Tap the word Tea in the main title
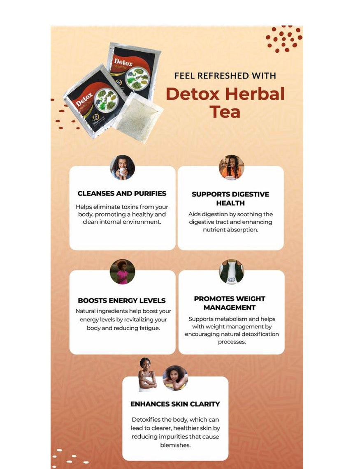(225, 112)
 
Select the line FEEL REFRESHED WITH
(225, 76)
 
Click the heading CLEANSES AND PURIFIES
(122, 193)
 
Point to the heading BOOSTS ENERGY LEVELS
(122, 300)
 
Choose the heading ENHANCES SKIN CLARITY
(175, 404)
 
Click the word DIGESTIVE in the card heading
(246, 194)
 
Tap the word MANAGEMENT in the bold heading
(230, 307)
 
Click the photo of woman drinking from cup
(122, 167)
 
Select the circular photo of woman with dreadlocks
(231, 167)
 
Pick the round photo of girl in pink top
(122, 272)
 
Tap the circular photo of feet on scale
(231, 272)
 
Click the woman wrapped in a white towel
(147, 375)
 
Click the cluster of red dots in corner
(284, 39)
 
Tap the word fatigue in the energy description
(148, 328)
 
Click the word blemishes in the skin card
(175, 445)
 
